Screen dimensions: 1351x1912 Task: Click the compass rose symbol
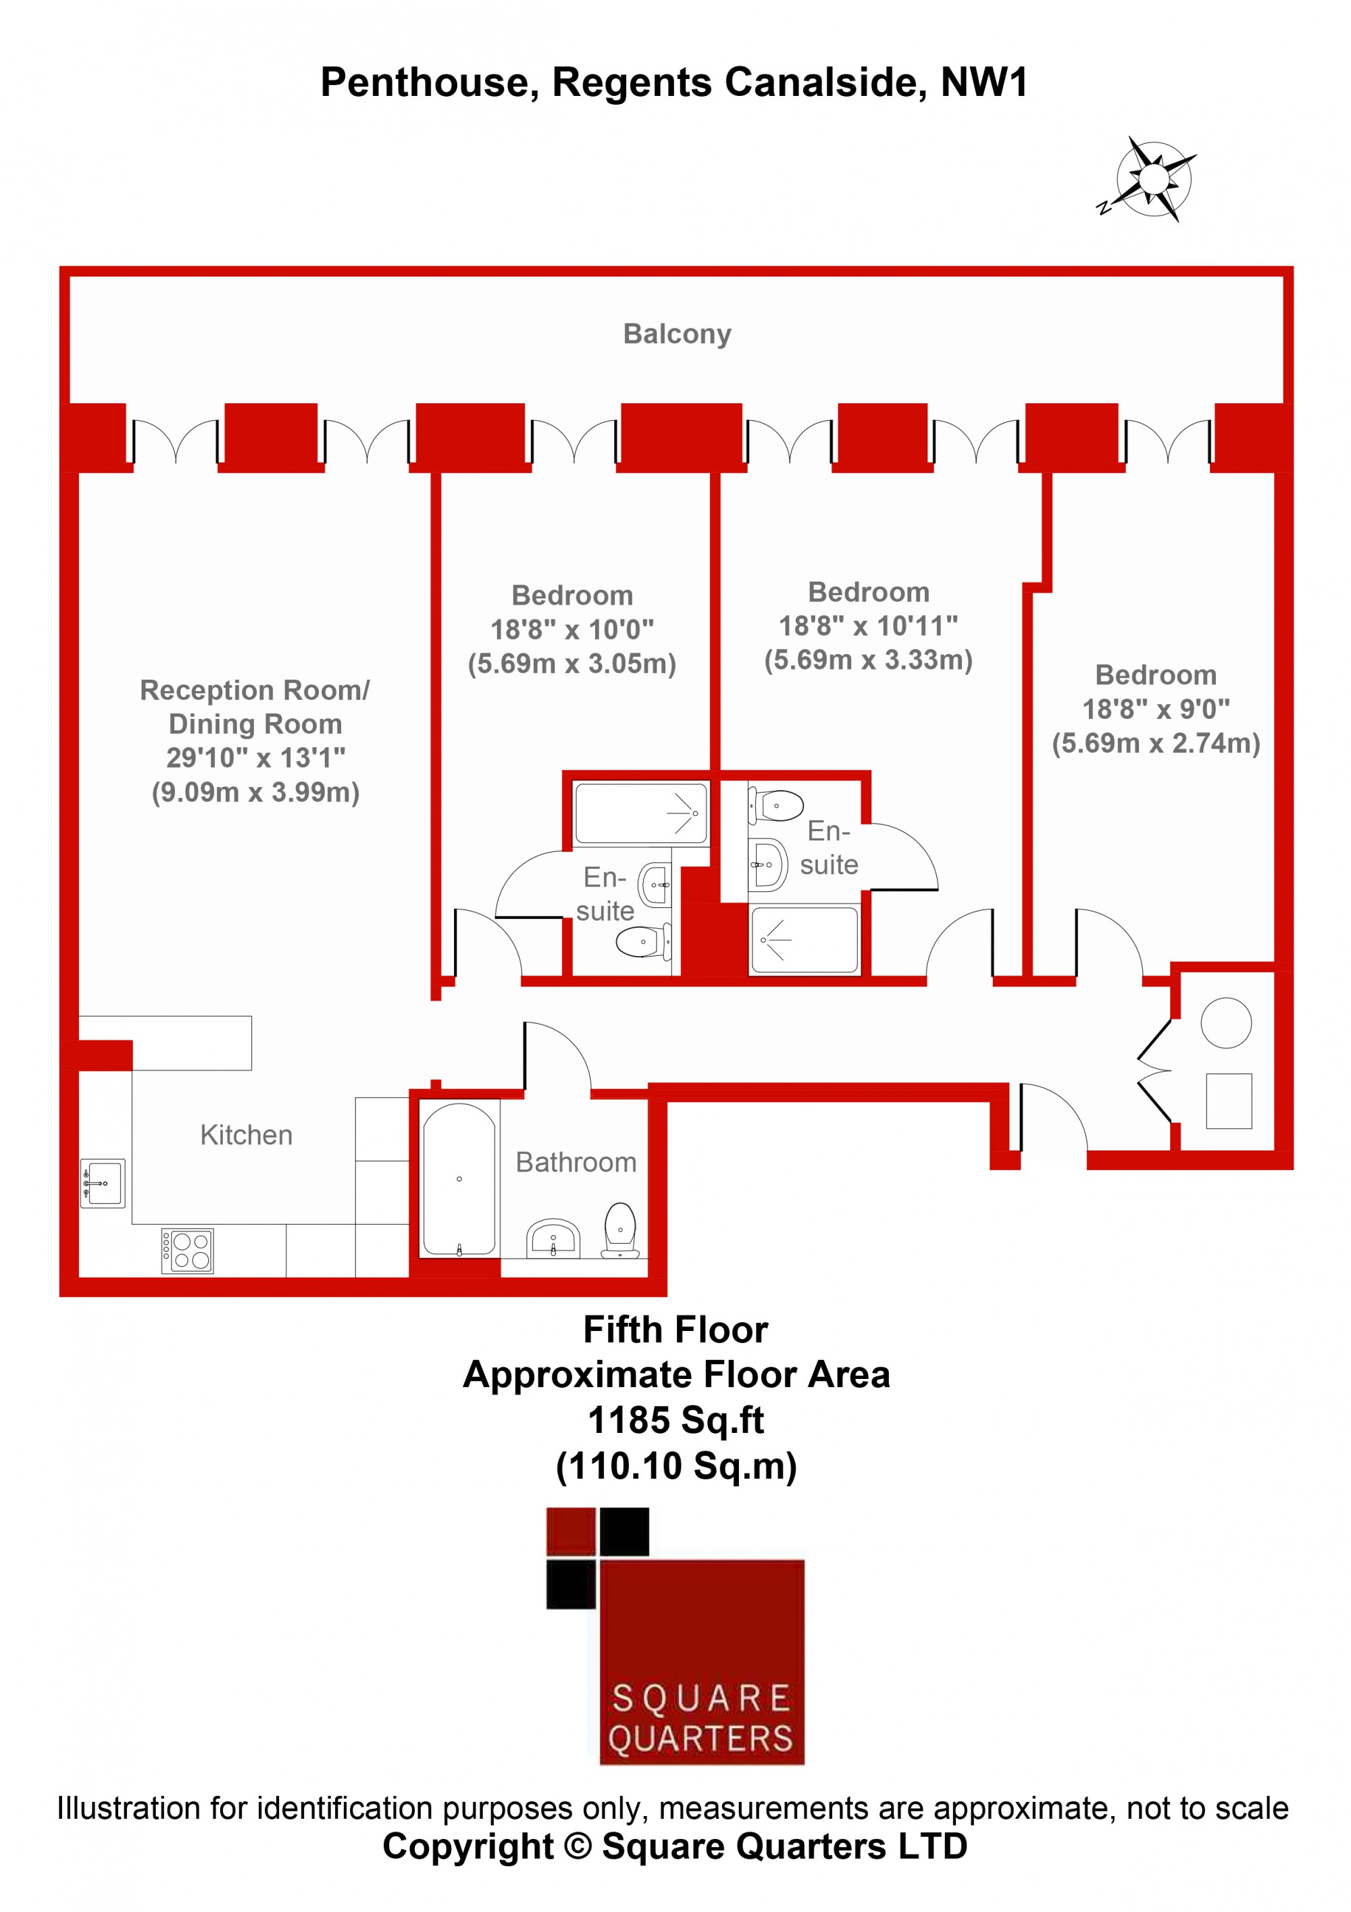(1151, 179)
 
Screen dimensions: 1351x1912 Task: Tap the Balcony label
(677, 334)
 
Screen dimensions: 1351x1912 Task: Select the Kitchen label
(247, 1135)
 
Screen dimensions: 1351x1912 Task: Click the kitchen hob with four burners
(187, 1251)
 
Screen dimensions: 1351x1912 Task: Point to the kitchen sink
(103, 1183)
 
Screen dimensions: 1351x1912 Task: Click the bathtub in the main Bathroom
(459, 1179)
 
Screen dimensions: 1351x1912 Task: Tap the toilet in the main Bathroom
(620, 1231)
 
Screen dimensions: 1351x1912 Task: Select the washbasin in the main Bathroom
(553, 1239)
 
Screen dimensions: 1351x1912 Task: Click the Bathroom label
(576, 1163)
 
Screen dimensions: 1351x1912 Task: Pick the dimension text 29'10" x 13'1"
(255, 758)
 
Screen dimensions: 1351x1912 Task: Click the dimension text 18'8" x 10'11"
(868, 626)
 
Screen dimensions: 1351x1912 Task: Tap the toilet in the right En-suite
(775, 806)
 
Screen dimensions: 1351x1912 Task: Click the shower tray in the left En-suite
(642, 813)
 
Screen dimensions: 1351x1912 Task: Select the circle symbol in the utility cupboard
(1226, 1023)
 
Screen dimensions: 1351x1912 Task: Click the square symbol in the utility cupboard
(1229, 1101)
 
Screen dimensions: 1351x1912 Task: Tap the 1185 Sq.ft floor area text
(676, 1421)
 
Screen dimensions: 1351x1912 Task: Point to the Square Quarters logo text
(701, 1719)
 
